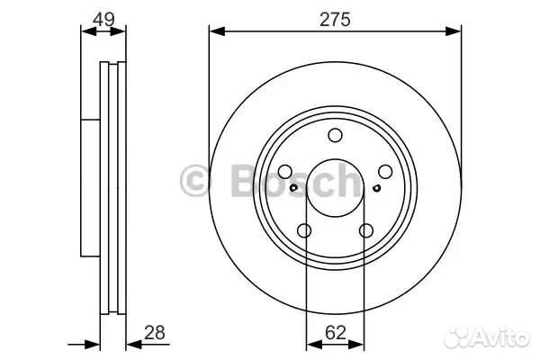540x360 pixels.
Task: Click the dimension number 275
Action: (335, 19)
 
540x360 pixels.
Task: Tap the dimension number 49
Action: (103, 19)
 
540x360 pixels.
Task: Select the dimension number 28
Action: (155, 332)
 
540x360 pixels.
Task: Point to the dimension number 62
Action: (335, 333)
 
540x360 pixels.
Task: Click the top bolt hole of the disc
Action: (335, 135)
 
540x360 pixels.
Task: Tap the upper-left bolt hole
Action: (285, 172)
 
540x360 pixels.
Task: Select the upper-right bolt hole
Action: (385, 172)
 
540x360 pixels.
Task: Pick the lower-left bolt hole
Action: (304, 230)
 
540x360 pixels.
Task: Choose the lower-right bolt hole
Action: (366, 230)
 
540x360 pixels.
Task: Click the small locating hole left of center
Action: (293, 188)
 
